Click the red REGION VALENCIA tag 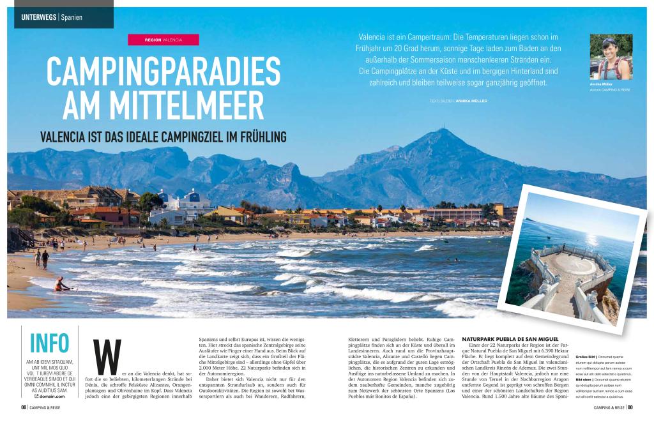point(163,40)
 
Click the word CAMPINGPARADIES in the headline point(163,72)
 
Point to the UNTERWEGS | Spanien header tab point(57,15)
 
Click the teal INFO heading point(49,343)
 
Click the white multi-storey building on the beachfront point(192,206)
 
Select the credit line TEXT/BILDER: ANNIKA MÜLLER point(458,101)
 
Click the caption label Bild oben point(586,379)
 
